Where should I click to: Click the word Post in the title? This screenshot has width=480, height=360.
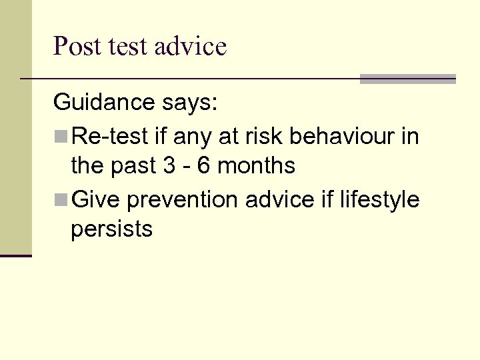(x=77, y=47)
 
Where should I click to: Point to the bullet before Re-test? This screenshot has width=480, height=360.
(x=61, y=137)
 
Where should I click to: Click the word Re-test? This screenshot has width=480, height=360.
(x=109, y=137)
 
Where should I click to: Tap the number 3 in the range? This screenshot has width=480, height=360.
(x=169, y=165)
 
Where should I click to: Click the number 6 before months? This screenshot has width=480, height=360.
(x=204, y=165)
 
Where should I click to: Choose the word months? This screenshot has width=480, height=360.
(x=257, y=165)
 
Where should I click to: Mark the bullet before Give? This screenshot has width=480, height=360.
(x=61, y=200)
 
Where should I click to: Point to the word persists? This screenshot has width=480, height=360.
(x=111, y=229)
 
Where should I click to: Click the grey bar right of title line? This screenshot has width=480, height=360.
(x=407, y=79)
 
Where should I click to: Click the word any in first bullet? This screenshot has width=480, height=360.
(x=193, y=137)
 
